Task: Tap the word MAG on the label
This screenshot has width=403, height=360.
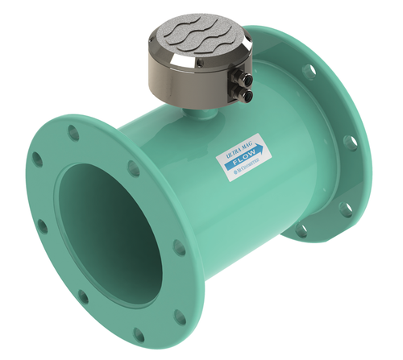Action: pyautogui.click(x=251, y=143)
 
